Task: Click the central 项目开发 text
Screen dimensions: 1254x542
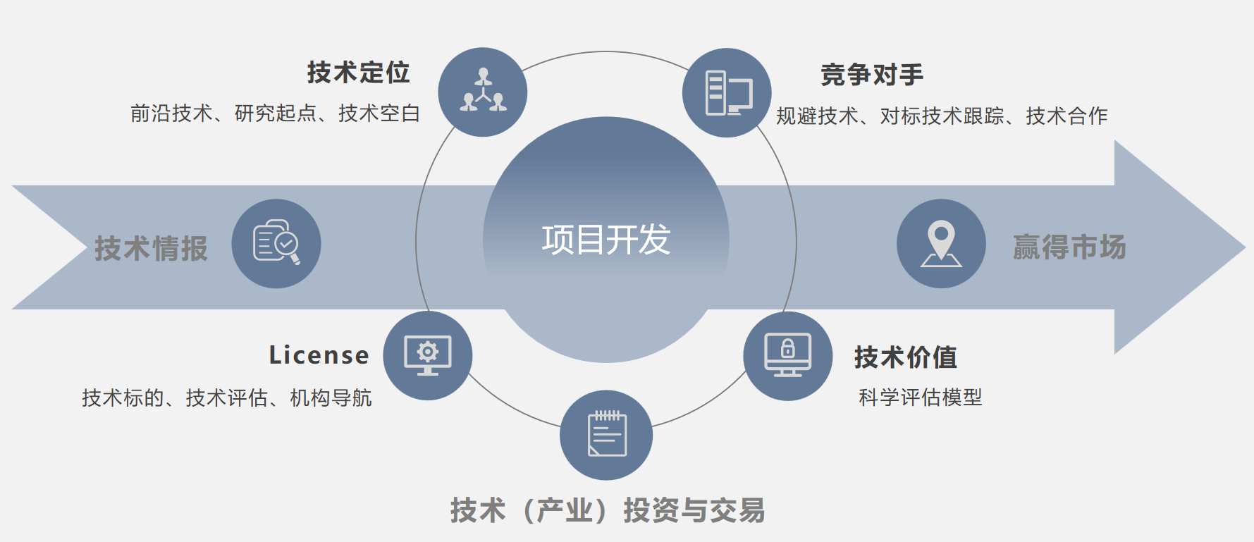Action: point(606,240)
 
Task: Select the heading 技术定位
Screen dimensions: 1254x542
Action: point(358,73)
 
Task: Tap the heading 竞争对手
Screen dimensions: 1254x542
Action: point(872,75)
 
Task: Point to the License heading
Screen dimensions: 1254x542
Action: point(319,355)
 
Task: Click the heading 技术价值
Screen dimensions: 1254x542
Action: point(906,357)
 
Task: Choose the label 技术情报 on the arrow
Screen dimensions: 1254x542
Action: point(152,249)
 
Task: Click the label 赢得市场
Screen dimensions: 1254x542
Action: point(1069,247)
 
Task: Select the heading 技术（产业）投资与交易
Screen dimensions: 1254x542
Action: point(608,510)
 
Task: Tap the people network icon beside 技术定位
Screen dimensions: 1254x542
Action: point(483,92)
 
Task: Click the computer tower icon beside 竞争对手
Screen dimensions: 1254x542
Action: point(728,93)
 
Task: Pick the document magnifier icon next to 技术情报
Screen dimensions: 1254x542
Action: point(276,242)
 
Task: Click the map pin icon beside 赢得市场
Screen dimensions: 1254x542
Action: point(941,244)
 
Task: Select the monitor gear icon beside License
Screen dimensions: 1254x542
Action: point(428,355)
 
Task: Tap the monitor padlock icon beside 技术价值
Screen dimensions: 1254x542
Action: point(788,355)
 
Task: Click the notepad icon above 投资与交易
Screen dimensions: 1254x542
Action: point(607,433)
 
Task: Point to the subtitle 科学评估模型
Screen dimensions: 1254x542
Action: point(921,398)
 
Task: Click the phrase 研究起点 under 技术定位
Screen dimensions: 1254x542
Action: point(276,113)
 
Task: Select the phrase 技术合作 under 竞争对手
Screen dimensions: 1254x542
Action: point(1066,116)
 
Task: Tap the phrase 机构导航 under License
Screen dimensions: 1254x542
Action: point(331,398)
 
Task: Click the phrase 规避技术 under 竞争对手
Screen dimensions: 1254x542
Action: point(817,116)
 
